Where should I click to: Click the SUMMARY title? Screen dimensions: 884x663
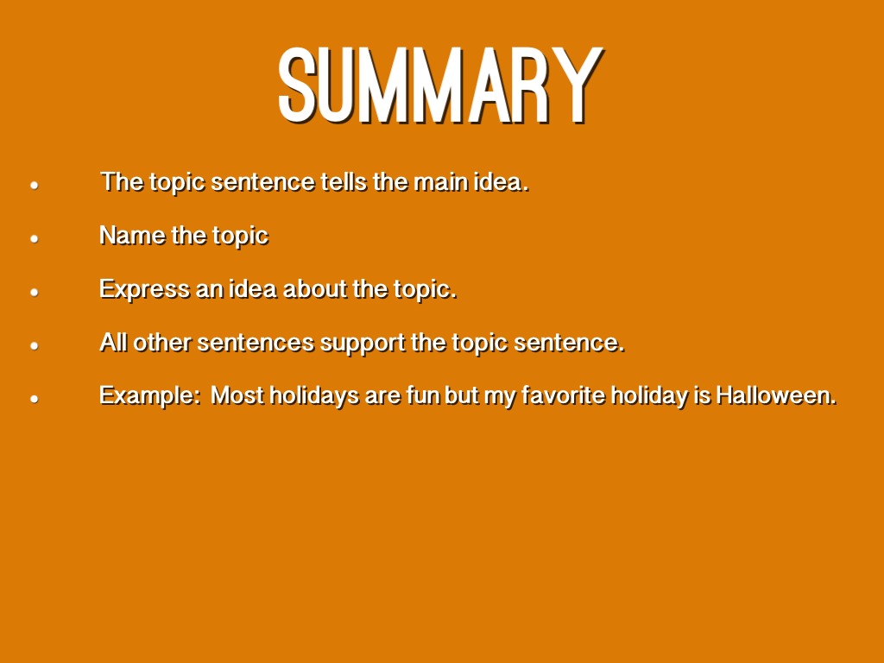coord(441,85)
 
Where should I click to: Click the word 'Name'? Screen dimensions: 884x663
coord(132,235)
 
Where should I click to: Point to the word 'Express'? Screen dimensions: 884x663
coord(144,290)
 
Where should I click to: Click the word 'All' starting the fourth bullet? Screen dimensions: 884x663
coord(113,342)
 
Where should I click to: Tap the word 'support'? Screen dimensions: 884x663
coord(363,344)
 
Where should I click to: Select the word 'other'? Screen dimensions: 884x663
coord(161,342)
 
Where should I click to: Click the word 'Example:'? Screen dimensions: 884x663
coord(150,395)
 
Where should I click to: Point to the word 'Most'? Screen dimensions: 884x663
coord(237,395)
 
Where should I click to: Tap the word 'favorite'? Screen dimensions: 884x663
coord(564,395)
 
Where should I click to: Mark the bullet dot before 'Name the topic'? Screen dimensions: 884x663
coord(35,238)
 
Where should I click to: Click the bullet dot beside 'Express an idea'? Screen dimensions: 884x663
coord(35,292)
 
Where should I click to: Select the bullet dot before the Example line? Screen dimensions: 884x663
coord(35,399)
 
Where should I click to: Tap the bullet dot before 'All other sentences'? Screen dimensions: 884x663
coord(35,345)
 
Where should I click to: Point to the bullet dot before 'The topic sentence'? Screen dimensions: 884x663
coord(35,185)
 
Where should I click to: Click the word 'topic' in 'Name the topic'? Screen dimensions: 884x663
coord(240,237)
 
